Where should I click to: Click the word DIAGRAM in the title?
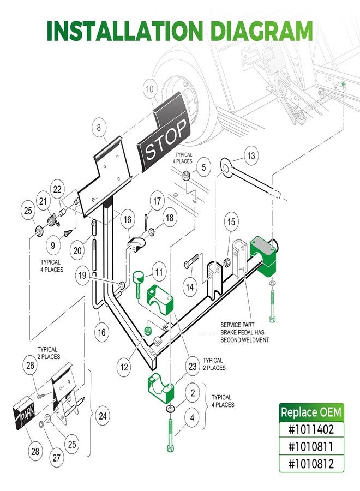262,31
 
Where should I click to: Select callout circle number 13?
251,155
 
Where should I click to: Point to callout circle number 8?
99,128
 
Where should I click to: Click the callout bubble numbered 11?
159,272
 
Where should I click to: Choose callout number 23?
193,366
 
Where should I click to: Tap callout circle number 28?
35,451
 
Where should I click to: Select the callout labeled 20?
77,250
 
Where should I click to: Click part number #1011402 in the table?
311,429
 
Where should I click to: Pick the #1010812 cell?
311,463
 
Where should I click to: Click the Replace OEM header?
311,412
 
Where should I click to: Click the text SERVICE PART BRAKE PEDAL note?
244,332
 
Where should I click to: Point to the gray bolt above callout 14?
191,261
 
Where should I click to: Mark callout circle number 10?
149,89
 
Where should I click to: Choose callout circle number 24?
103,416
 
